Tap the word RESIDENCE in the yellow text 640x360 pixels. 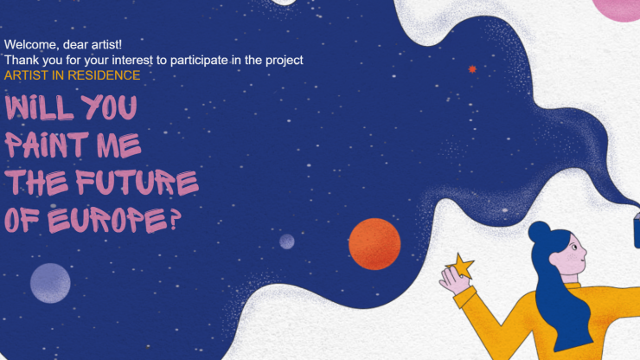coord(104,75)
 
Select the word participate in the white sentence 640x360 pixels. coord(199,61)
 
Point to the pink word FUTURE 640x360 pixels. coord(138,182)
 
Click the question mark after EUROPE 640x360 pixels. coord(175,220)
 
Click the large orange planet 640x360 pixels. coord(374,244)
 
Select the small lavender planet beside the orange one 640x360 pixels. coord(287,241)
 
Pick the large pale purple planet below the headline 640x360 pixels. coord(50,283)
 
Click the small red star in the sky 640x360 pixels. coord(472,69)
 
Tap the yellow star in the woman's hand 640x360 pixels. coord(461,266)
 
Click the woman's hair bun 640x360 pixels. coord(539,232)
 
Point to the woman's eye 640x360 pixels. coord(574,247)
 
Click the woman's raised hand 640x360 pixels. coord(454,280)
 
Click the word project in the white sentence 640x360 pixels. coord(284,61)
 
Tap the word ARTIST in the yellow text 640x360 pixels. coord(26,75)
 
